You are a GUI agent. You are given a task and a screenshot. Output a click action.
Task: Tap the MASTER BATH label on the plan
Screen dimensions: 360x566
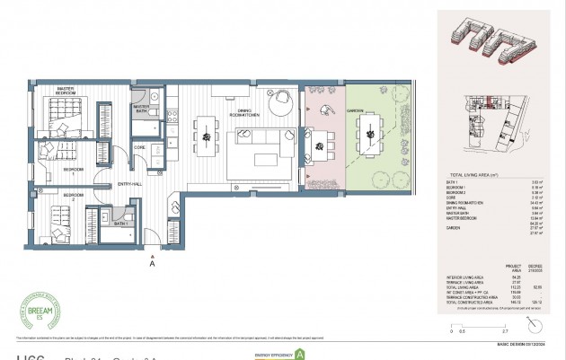(146, 108)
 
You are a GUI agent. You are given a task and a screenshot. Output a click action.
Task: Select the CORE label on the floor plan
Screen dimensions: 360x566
(140, 145)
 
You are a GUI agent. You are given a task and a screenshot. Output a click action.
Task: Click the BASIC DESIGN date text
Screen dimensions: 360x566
(521, 344)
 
